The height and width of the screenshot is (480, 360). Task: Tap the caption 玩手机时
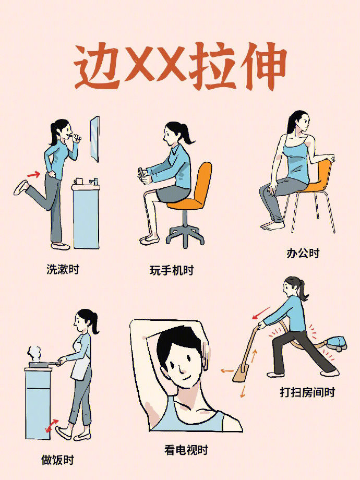tap(171, 270)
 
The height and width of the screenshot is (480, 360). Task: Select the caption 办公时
tap(303, 254)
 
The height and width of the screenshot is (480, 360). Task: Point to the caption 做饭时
tap(57, 460)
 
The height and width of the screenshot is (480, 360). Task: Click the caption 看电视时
tap(186, 449)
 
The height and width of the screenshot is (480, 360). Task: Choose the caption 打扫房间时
tap(307, 392)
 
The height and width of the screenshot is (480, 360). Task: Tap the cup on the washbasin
tap(79, 181)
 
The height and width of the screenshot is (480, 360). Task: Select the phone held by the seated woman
tap(141, 174)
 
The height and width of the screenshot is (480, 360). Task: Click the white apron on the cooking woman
tap(80, 369)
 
